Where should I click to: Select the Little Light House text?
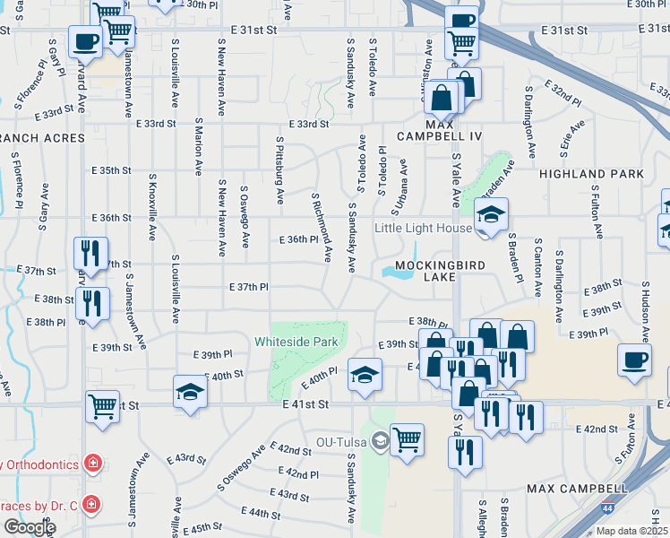pos(424,228)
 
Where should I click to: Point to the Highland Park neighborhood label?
pos(604,174)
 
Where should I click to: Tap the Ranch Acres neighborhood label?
pos(43,138)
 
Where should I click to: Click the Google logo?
pos(29,527)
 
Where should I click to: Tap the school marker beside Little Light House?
pos(491,216)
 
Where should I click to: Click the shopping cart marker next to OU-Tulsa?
pos(407,440)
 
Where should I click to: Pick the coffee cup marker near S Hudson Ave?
pos(635,361)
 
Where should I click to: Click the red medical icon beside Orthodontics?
pos(90,464)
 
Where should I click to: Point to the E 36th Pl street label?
pos(299,239)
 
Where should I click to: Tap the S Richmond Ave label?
pos(321,228)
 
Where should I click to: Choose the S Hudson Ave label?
pos(643,310)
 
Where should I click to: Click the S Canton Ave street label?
pos(537,267)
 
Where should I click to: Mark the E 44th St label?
pos(261,513)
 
